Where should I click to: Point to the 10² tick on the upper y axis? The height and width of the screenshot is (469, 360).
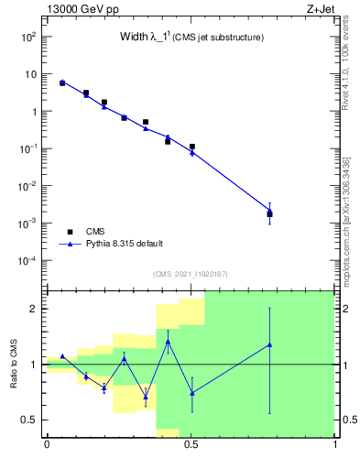click(29, 37)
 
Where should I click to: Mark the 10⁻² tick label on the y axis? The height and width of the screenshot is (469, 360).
click(27, 186)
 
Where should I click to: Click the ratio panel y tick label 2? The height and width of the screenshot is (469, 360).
click(33, 309)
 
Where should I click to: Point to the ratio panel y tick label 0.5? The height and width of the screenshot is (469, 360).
click(29, 420)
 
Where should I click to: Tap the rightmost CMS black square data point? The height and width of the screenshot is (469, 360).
click(269, 214)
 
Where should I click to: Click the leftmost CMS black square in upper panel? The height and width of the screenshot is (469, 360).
click(62, 83)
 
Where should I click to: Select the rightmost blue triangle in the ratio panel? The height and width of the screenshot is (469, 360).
click(269, 344)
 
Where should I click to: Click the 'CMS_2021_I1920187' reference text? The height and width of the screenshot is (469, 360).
click(190, 274)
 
